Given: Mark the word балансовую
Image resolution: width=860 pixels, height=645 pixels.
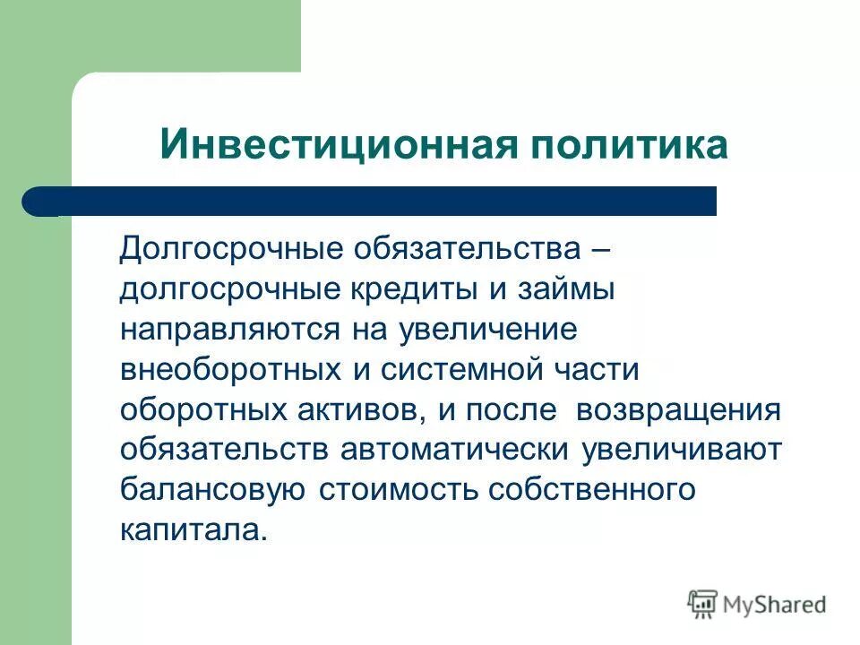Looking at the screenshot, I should (x=214, y=490).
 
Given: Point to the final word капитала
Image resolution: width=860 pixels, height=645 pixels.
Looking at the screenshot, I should (x=192, y=530).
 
